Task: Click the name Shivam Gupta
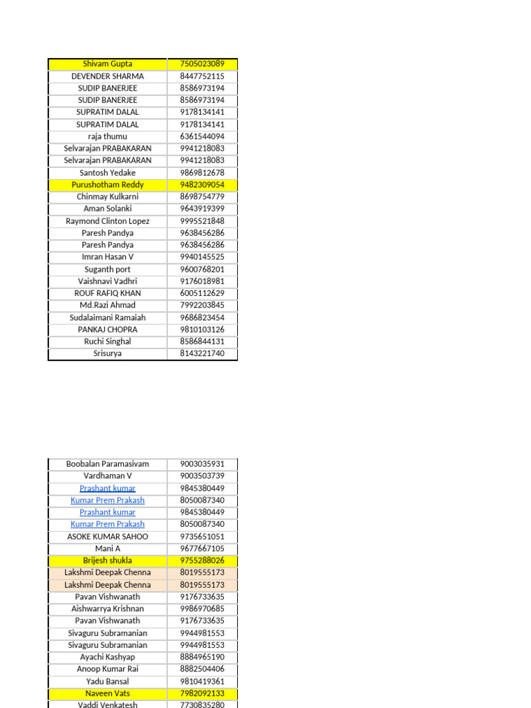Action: tap(107, 64)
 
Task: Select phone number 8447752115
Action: tap(202, 76)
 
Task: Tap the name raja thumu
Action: tap(107, 136)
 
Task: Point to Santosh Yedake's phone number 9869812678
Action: tap(202, 173)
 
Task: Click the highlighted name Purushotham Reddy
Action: tap(107, 185)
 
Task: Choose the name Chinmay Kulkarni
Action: tap(107, 196)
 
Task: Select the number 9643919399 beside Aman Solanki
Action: tap(202, 209)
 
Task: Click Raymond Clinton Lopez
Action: tap(107, 221)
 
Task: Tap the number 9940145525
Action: tap(202, 257)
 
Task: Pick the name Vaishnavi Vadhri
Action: tap(107, 281)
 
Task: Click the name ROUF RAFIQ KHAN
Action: tap(107, 293)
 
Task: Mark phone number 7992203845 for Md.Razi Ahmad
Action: tap(202, 305)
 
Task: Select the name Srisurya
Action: tap(107, 353)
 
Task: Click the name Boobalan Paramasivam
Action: tap(107, 464)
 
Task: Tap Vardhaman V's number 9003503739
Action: tap(202, 476)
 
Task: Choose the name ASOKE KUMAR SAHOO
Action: tap(107, 537)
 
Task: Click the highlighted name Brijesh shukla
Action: tap(107, 561)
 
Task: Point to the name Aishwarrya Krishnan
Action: tap(107, 609)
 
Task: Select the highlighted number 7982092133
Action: tap(202, 693)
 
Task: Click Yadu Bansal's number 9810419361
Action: tap(202, 681)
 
